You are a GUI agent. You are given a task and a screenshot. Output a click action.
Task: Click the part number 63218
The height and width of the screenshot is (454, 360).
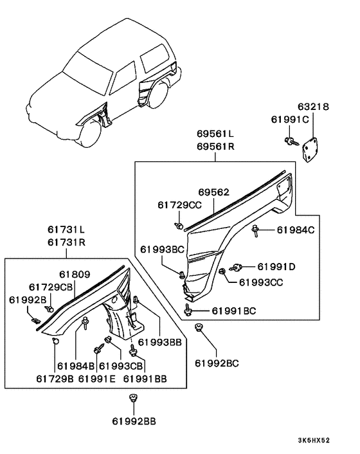[314, 107]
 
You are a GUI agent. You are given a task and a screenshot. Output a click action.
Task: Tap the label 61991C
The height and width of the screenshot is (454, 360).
[290, 120]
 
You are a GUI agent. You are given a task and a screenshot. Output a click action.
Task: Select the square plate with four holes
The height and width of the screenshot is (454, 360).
[310, 150]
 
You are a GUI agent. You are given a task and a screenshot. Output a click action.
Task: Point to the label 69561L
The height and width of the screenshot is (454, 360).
[215, 134]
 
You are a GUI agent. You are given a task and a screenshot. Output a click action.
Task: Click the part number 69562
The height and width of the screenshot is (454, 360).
[214, 192]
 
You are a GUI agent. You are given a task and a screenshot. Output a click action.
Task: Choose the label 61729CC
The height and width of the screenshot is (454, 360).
[179, 205]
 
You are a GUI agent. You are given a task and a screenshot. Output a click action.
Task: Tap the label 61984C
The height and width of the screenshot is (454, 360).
[296, 230]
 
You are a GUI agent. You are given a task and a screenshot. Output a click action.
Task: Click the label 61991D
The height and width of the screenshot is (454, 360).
[276, 267]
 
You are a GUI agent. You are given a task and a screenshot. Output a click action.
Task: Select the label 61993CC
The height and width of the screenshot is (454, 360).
[261, 282]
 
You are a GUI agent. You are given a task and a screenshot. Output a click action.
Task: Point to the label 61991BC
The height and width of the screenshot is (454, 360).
[234, 311]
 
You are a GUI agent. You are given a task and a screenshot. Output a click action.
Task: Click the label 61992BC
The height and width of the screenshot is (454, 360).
[217, 363]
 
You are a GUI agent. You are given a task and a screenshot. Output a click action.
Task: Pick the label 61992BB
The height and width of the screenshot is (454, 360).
[134, 421]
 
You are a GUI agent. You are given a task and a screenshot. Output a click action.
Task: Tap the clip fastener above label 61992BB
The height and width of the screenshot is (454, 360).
[134, 398]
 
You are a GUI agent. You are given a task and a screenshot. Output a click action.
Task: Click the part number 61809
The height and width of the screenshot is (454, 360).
[75, 274]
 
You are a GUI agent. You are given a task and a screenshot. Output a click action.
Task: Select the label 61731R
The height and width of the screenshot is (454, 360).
[67, 242]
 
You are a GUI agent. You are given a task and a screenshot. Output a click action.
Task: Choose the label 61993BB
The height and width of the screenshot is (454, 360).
[159, 342]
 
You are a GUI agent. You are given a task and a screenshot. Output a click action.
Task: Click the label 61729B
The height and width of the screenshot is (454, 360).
[55, 379]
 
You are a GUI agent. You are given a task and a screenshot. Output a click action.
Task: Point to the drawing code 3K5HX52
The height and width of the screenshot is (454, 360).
[314, 440]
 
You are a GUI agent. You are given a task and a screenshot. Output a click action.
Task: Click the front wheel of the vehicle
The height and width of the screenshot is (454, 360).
[90, 134]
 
